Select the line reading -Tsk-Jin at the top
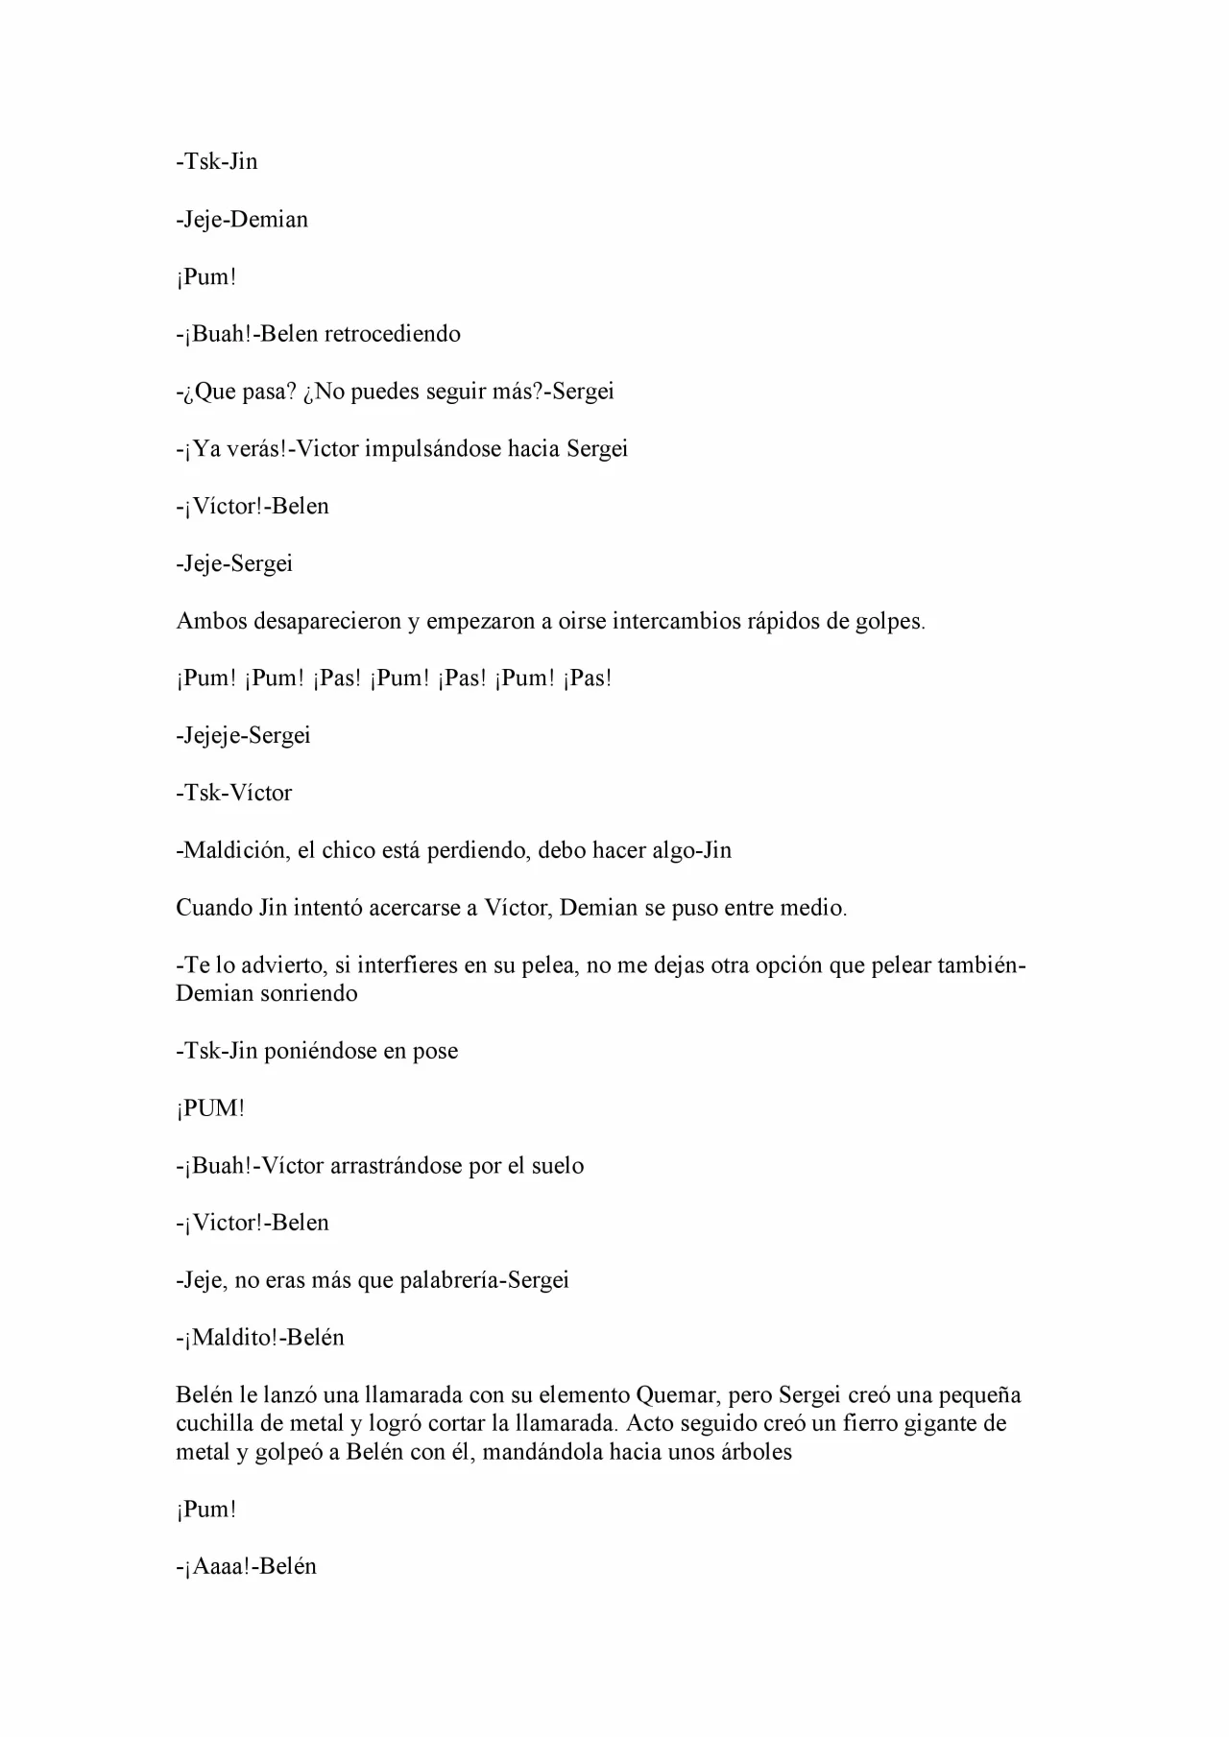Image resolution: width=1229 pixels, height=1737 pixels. pyautogui.click(x=217, y=161)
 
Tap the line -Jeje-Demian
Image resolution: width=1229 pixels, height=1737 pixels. pyautogui.click(x=242, y=220)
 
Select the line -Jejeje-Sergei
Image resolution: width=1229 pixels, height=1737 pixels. pyautogui.click(x=243, y=736)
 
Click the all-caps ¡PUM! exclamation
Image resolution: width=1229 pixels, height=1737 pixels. pyautogui.click(x=210, y=1108)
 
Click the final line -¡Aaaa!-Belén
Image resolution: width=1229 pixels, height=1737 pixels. pyautogui.click(x=246, y=1567)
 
